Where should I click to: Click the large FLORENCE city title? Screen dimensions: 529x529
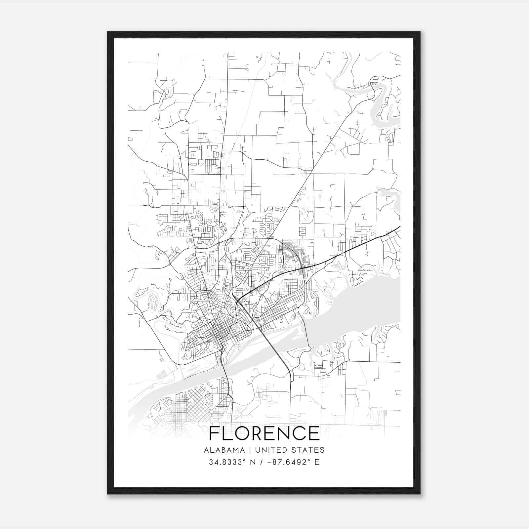[264, 433]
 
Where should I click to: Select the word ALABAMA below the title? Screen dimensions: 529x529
[224, 450]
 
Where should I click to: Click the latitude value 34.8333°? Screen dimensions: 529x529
[228, 462]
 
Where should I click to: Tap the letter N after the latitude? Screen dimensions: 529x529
[252, 462]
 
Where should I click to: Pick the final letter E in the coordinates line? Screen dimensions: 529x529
[317, 462]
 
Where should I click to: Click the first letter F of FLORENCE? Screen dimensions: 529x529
[214, 433]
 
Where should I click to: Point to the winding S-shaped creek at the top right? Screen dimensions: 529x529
[380, 99]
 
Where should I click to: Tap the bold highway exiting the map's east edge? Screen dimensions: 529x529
[390, 231]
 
